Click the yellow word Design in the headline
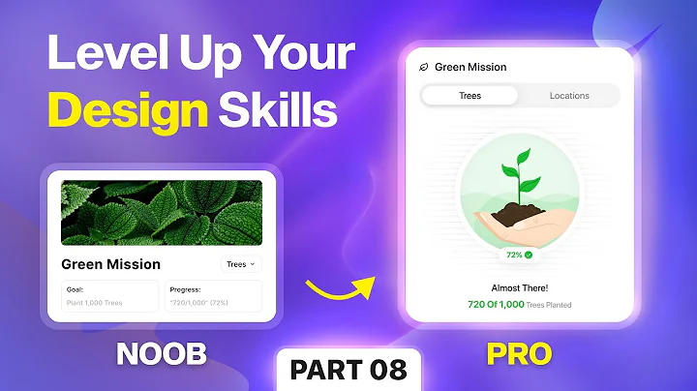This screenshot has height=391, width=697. click(x=128, y=113)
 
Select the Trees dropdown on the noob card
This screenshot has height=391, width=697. click(x=240, y=263)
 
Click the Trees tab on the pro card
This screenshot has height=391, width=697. click(x=470, y=96)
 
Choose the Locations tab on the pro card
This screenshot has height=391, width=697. click(x=569, y=96)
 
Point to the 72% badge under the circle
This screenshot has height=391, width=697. click(x=519, y=255)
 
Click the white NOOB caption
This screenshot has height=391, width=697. click(x=162, y=354)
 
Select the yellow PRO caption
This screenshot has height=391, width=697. click(x=520, y=354)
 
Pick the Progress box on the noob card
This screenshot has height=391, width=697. click(x=213, y=295)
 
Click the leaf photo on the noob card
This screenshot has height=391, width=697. click(x=162, y=212)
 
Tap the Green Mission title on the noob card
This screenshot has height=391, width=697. click(x=110, y=263)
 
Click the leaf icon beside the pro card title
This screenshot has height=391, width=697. click(x=423, y=68)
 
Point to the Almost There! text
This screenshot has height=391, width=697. click(x=519, y=288)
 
